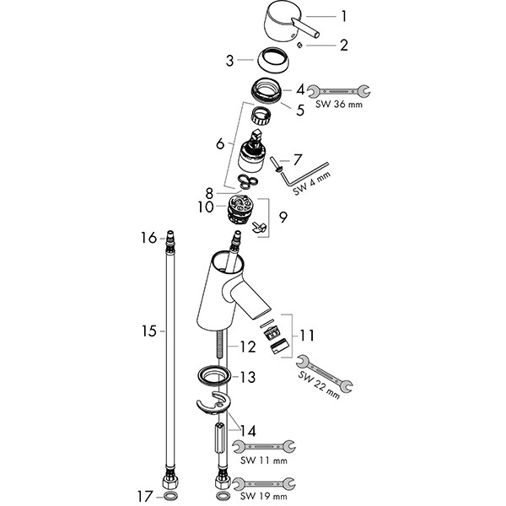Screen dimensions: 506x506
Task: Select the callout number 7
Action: point(297,159)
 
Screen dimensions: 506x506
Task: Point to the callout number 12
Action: point(247,346)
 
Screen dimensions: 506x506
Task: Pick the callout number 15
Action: point(149,331)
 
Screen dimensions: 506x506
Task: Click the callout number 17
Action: point(148,494)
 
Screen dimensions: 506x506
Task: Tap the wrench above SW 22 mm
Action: point(325,374)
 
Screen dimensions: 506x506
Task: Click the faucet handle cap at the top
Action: point(283,19)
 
